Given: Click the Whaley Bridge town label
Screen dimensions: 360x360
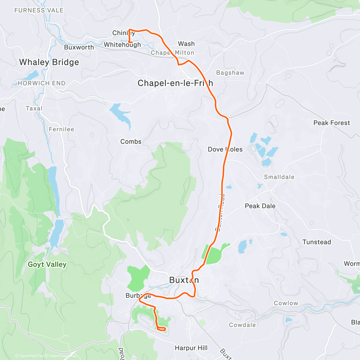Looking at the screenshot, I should click(49, 62).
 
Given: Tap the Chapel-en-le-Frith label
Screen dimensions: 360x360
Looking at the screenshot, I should click(175, 83).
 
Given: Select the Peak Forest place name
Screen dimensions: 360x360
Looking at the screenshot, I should click(331, 123).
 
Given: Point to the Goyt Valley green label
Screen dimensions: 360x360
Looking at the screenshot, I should click(47, 264).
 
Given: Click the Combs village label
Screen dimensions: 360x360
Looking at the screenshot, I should click(131, 142).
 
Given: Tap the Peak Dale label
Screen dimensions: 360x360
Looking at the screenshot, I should click(260, 206).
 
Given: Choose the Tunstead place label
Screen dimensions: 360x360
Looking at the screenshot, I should click(316, 242).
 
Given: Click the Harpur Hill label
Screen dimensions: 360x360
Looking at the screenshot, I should click(191, 348).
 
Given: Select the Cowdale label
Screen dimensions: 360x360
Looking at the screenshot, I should click(242, 325).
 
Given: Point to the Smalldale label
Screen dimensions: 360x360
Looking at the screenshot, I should click(279, 177).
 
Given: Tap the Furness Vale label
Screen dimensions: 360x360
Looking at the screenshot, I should click(39, 10).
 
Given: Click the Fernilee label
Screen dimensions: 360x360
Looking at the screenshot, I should click(61, 129).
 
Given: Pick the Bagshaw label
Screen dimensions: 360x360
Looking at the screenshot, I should click(230, 73).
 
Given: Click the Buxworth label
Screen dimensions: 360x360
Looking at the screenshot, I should click(79, 47).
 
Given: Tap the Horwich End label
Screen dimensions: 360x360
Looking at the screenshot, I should click(41, 83).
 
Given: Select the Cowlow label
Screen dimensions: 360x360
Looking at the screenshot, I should click(286, 303).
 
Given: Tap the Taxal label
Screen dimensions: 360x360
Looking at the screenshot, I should click(34, 108).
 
